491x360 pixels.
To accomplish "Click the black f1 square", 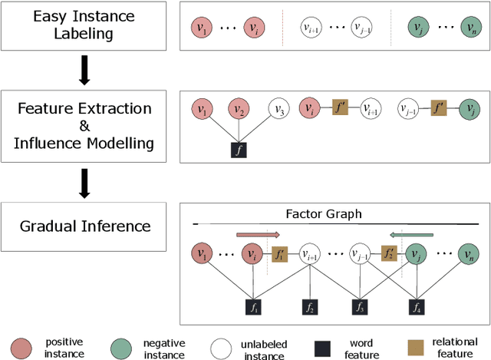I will click(252, 309).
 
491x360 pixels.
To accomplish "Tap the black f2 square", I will click(310, 309).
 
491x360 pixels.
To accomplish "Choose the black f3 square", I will click(360, 309).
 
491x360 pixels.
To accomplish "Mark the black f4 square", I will click(417, 309).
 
